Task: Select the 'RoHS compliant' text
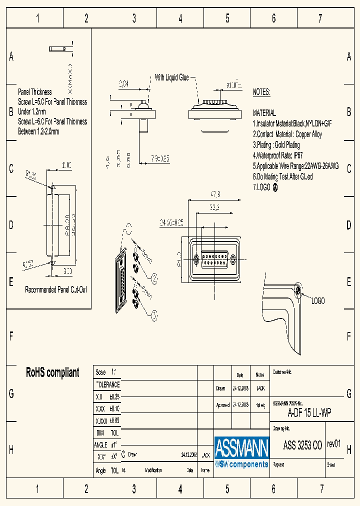(x=52, y=372)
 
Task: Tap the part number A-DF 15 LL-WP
(x=309, y=413)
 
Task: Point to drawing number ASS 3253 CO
(x=302, y=446)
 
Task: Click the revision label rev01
(x=334, y=444)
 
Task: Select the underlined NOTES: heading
(x=261, y=92)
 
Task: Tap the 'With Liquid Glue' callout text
(x=171, y=77)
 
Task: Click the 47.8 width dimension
(x=215, y=194)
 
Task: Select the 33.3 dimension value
(x=215, y=207)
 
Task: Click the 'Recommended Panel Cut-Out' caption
(x=56, y=290)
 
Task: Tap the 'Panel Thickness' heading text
(x=35, y=92)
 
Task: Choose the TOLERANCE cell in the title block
(x=107, y=384)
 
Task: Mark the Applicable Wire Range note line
(x=295, y=166)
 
